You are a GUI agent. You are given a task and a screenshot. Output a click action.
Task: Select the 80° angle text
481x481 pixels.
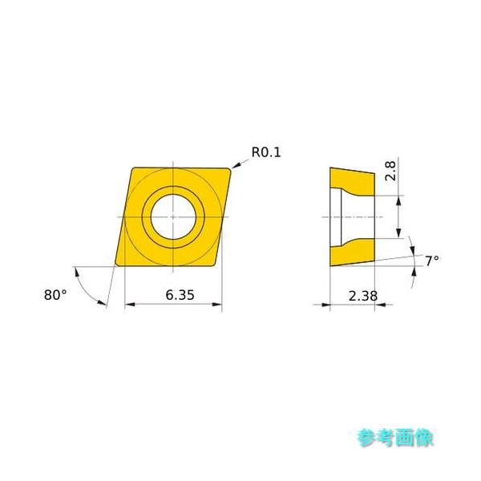click(x=55, y=294)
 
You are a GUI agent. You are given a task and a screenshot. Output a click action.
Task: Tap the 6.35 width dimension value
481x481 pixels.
click(x=180, y=294)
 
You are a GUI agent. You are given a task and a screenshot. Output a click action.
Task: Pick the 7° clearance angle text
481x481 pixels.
click(x=431, y=261)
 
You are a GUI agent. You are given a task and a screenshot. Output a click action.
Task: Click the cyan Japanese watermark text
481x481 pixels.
click(x=395, y=438)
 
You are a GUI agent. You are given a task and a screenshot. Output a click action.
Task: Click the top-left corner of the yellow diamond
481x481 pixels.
click(x=133, y=168)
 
